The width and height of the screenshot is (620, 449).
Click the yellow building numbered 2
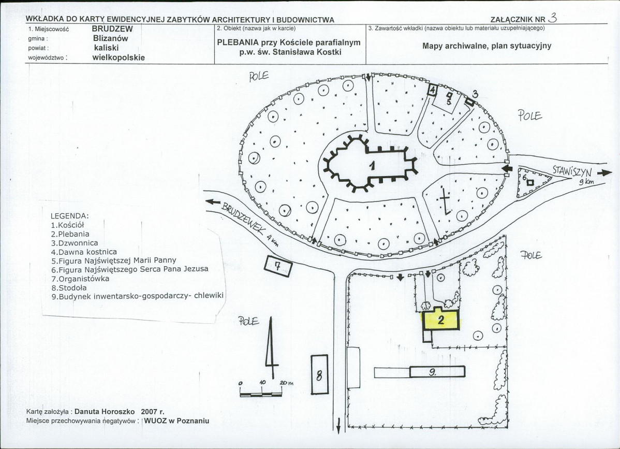click(x=441, y=319)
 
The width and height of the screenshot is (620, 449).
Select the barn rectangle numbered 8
click(x=319, y=374)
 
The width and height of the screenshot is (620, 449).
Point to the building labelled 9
click(x=437, y=372)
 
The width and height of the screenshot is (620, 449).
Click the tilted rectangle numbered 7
click(x=278, y=266)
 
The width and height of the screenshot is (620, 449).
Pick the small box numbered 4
click(x=433, y=90)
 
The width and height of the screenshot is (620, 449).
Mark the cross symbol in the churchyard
click(x=445, y=200)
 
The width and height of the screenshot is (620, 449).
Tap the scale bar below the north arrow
click(x=261, y=394)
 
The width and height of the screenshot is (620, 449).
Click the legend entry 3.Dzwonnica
click(x=75, y=243)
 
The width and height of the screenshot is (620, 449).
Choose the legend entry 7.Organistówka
click(x=80, y=279)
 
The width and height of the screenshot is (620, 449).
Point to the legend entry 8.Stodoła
click(x=69, y=287)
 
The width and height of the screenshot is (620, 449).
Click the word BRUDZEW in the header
click(x=112, y=29)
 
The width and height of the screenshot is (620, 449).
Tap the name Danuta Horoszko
click(x=105, y=411)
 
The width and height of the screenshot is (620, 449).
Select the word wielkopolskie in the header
click(x=119, y=57)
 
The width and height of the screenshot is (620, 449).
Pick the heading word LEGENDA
click(x=69, y=215)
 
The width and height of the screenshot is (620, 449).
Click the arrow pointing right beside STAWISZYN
click(x=604, y=173)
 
